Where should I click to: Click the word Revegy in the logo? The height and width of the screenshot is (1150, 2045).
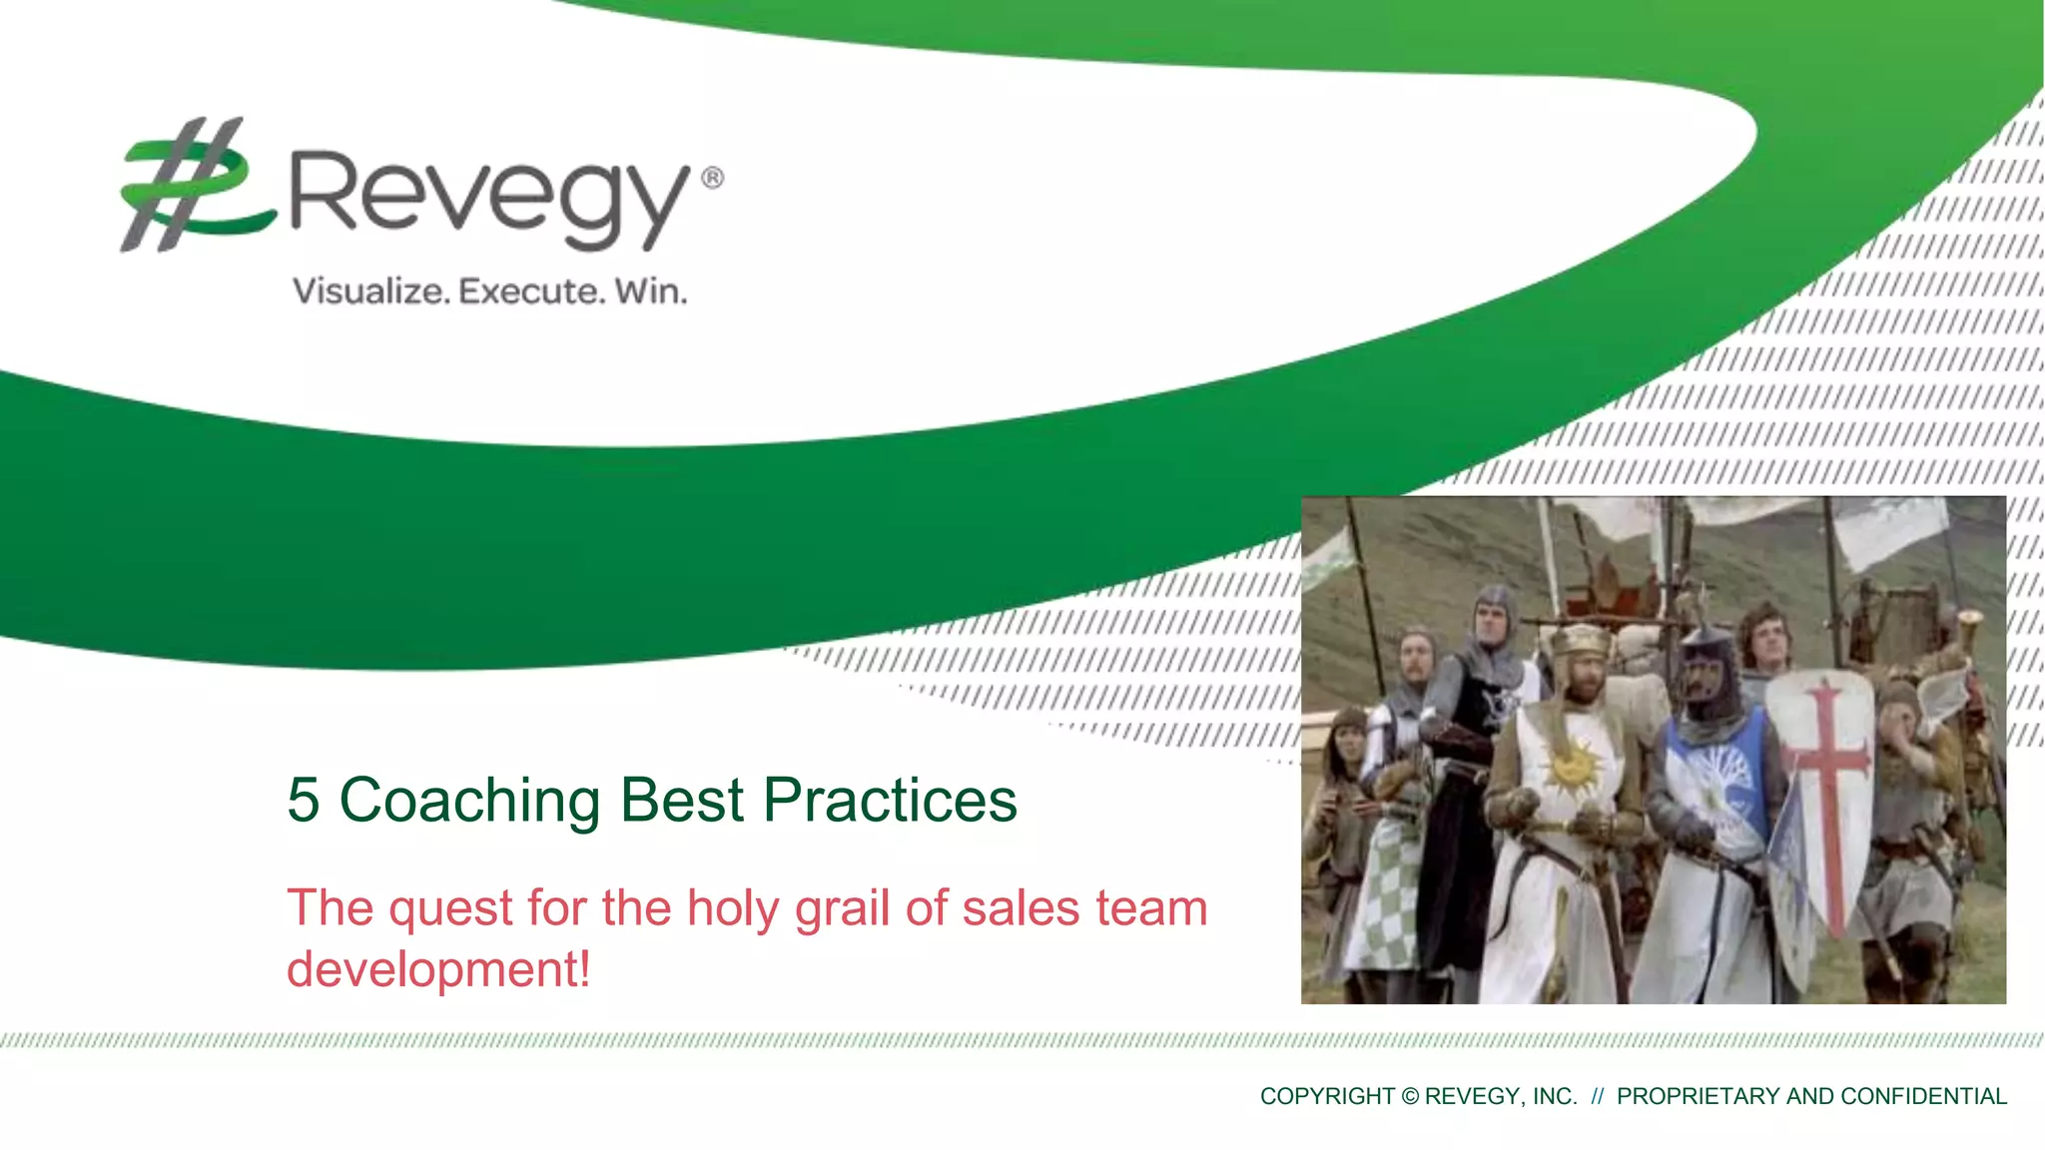(x=489, y=195)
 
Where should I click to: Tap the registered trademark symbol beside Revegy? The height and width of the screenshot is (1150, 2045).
(x=712, y=179)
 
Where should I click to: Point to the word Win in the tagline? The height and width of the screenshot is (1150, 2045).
(x=650, y=291)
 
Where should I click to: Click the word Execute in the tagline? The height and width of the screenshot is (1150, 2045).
(x=531, y=291)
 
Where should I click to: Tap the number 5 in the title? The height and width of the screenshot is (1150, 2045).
(x=304, y=800)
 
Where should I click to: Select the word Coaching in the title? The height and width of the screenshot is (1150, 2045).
(x=469, y=800)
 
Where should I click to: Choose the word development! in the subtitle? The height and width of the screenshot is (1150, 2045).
(x=437, y=969)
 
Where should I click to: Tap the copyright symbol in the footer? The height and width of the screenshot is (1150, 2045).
(x=1409, y=1096)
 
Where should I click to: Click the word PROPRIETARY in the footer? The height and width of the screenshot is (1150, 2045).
(x=1699, y=1096)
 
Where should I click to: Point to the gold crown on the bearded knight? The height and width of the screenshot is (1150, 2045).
(x=1582, y=639)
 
